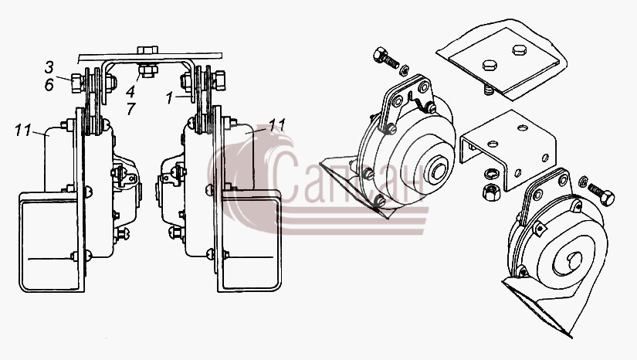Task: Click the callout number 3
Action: [x=49, y=67]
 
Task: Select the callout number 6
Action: [x=49, y=85]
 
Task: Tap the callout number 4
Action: [x=130, y=91]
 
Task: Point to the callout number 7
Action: [x=130, y=109]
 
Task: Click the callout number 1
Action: [x=170, y=98]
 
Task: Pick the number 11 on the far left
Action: [x=23, y=131]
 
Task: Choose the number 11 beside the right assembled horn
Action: [x=277, y=124]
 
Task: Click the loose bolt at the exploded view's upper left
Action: [x=385, y=58]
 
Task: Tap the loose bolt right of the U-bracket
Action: [x=601, y=194]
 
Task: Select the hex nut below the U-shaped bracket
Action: [x=491, y=192]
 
